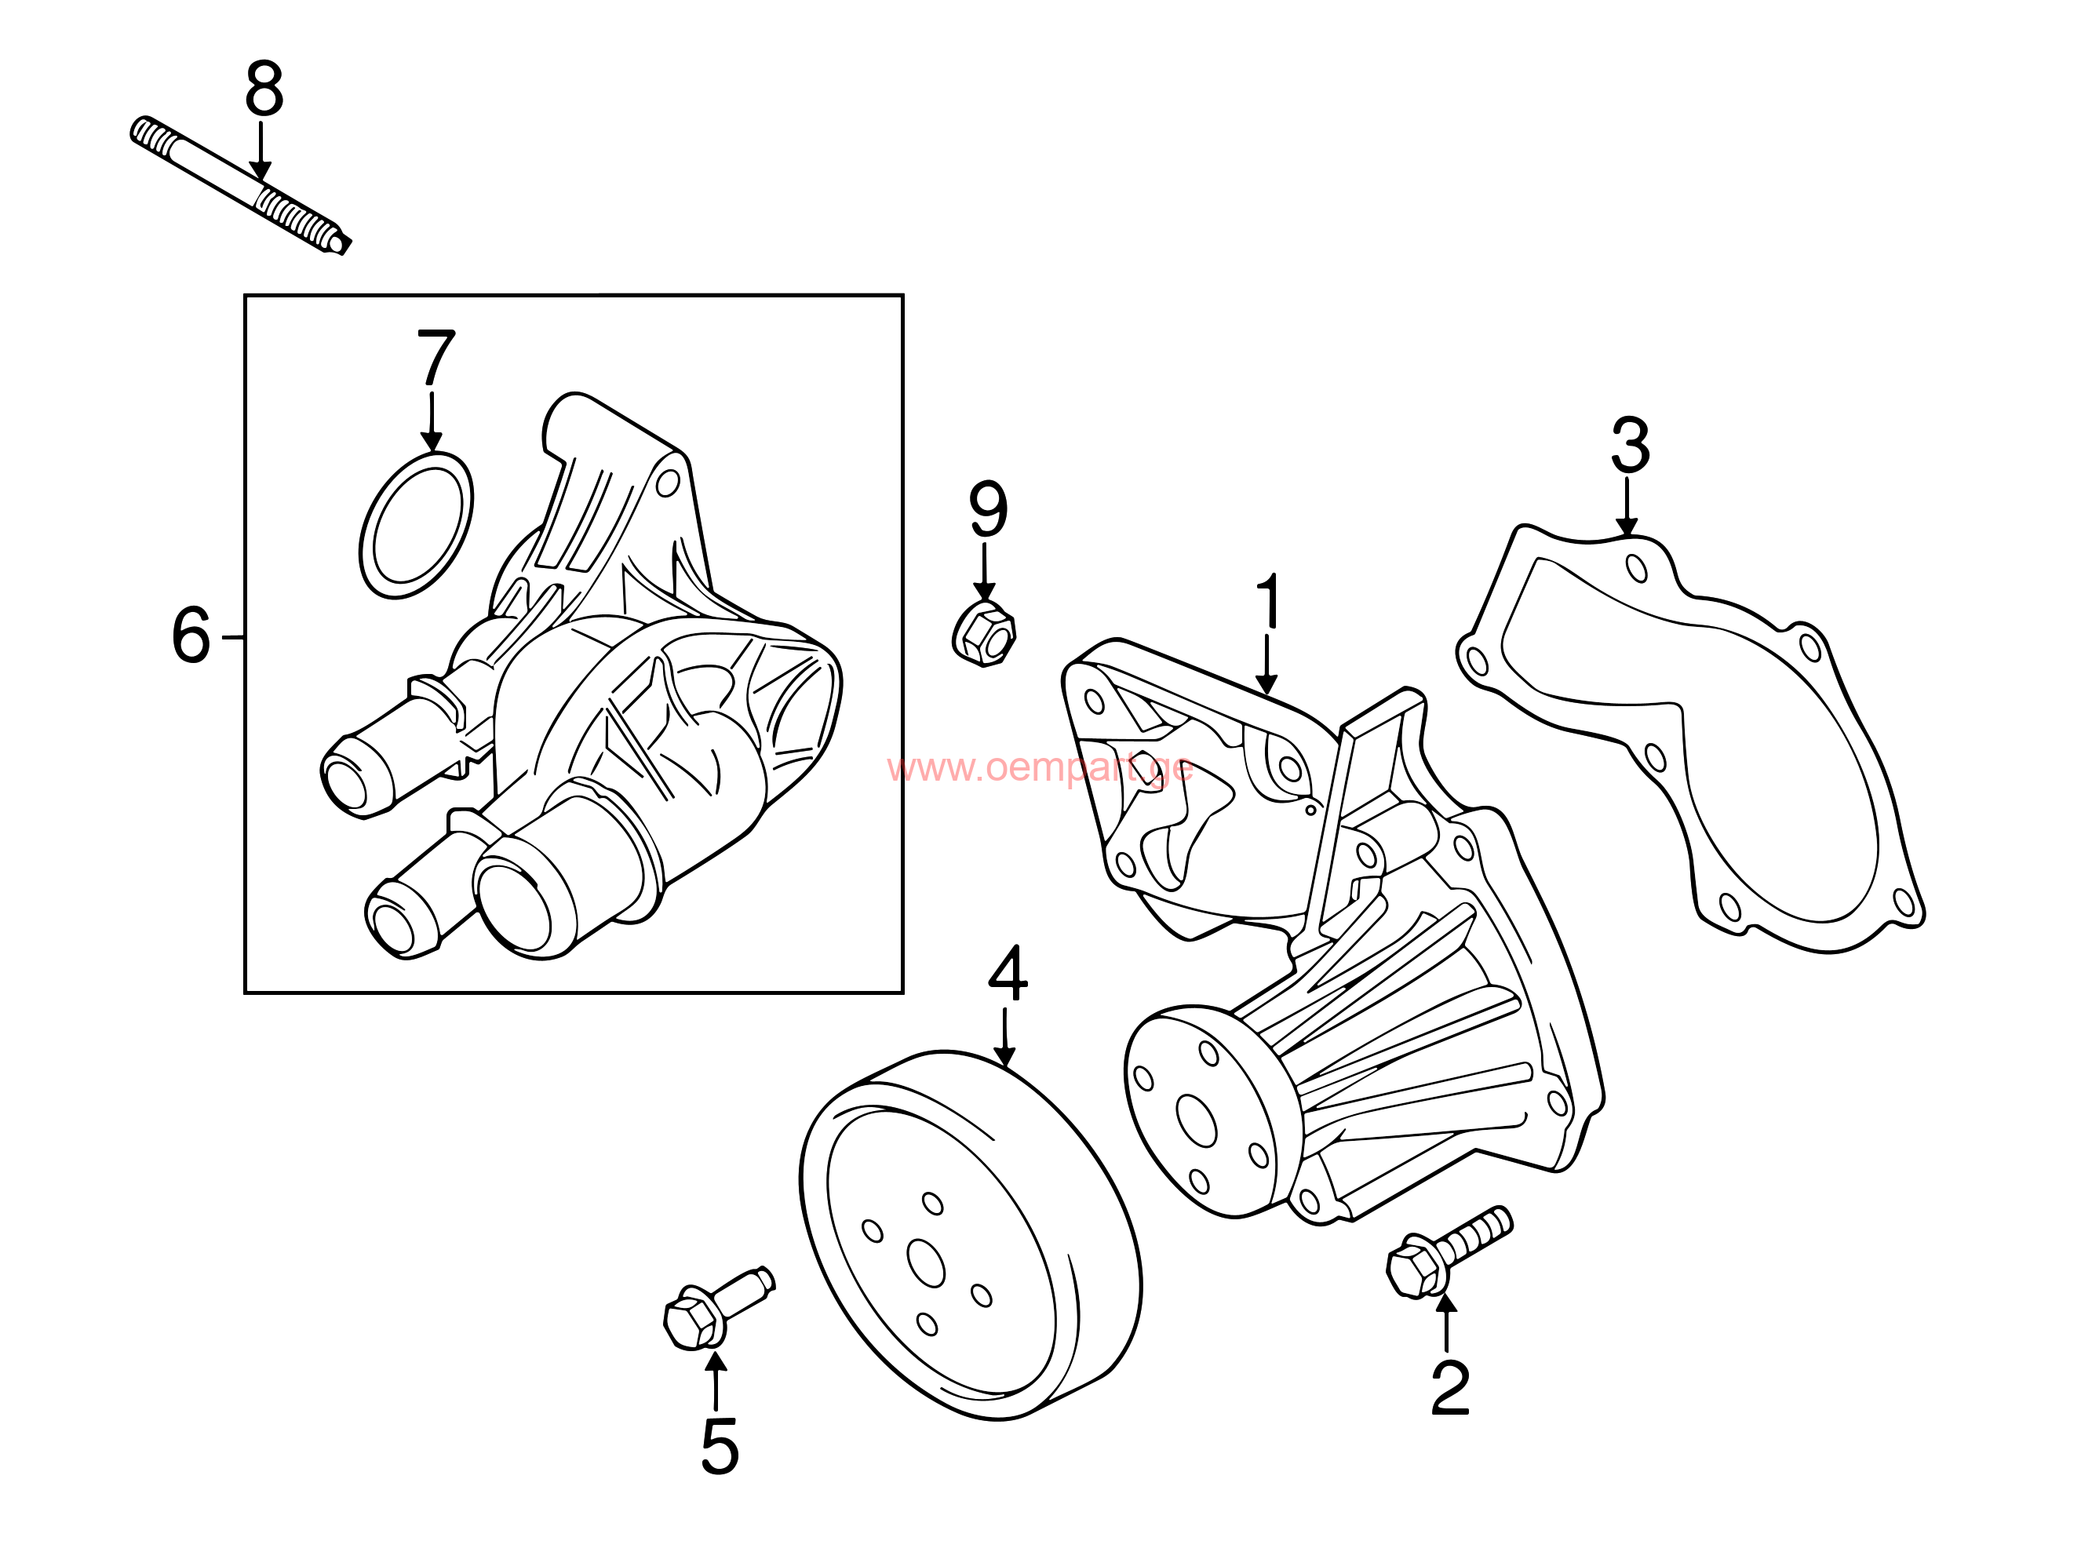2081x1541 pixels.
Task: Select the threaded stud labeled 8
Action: [241, 186]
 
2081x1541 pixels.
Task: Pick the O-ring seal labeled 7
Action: [416, 525]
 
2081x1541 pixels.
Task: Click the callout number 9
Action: [989, 508]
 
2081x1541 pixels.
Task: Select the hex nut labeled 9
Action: [983, 633]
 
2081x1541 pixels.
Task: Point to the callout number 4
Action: [1008, 972]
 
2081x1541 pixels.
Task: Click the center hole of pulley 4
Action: [926, 1263]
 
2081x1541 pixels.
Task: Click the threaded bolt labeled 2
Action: [1449, 1251]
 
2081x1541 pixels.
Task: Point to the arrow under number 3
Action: [1627, 508]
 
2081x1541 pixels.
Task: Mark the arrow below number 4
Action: [1004, 1036]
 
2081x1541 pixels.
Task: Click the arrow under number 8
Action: [261, 151]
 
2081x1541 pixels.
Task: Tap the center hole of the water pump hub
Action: [1197, 1120]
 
